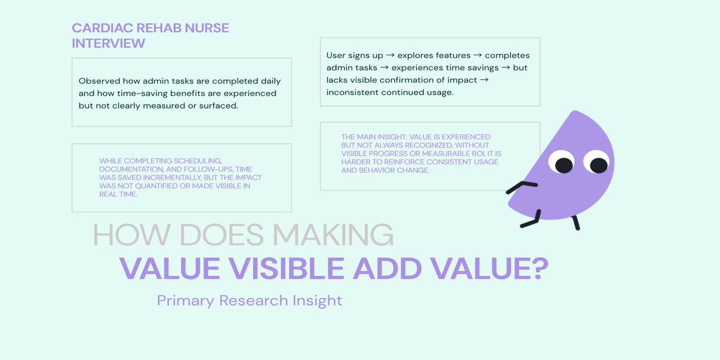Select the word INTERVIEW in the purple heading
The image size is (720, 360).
(109, 43)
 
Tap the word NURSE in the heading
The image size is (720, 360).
(206, 28)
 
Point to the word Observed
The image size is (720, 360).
(100, 80)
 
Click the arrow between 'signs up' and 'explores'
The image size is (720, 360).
(390, 55)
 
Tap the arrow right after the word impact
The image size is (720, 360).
(484, 80)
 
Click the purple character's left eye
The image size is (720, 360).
(562, 162)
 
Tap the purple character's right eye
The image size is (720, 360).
(597, 162)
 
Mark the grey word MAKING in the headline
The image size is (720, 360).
(333, 235)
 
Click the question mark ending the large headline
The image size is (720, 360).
(538, 268)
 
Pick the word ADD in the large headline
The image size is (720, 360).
(388, 268)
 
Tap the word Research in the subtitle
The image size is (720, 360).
(254, 301)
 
